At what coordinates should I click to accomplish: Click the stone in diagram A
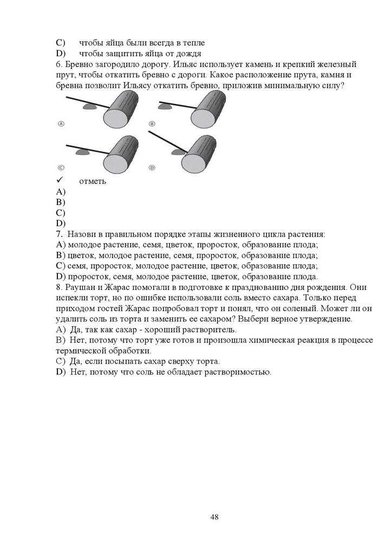point(89,107)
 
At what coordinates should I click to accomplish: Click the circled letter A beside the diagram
point(61,123)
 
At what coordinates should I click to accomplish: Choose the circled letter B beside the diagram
point(152,123)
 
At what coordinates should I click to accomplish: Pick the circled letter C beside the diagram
point(61,168)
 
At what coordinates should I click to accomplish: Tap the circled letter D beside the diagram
point(152,168)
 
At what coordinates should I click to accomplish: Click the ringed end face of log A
point(114,118)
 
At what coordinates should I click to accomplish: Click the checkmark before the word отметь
point(60,181)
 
